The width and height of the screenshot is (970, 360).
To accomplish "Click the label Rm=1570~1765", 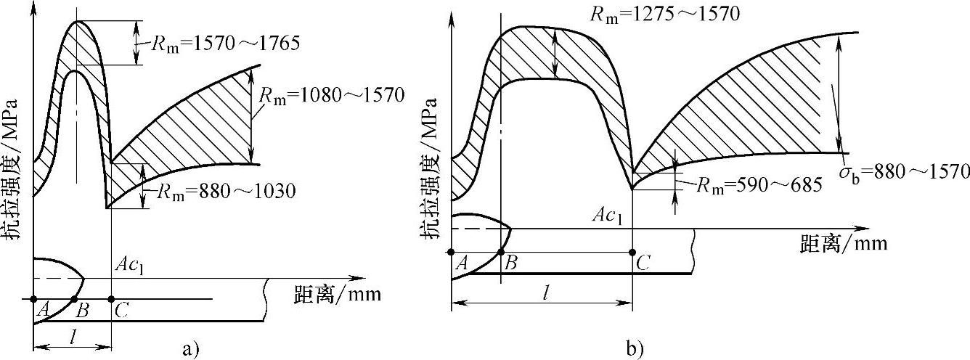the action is pos(226,44).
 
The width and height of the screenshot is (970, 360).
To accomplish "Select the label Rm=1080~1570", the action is pos(332,96).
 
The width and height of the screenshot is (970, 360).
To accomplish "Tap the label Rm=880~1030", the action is pos(226,192).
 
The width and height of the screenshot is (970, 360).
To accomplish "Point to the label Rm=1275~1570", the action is pos(665,15).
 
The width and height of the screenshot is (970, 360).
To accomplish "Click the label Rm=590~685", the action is pos(759,186).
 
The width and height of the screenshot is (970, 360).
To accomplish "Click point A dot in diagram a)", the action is pos(34,299).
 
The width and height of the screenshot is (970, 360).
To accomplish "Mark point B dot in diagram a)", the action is pos(74,299).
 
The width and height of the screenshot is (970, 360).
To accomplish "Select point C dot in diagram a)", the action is pos(111,299).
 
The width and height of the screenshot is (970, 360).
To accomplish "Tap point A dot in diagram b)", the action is pos(451,252).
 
